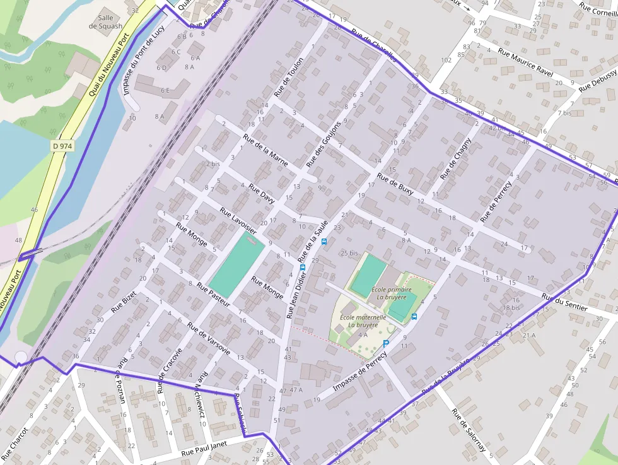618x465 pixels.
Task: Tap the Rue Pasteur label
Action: click(x=213, y=295)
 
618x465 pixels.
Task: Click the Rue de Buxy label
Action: click(x=395, y=184)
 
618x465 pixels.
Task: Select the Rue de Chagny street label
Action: click(x=456, y=158)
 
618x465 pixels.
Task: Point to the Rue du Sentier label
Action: click(x=564, y=303)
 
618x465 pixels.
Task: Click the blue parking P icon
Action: click(x=386, y=343)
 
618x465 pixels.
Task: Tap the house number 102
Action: click(x=446, y=60)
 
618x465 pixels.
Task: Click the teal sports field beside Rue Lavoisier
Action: click(x=236, y=262)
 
